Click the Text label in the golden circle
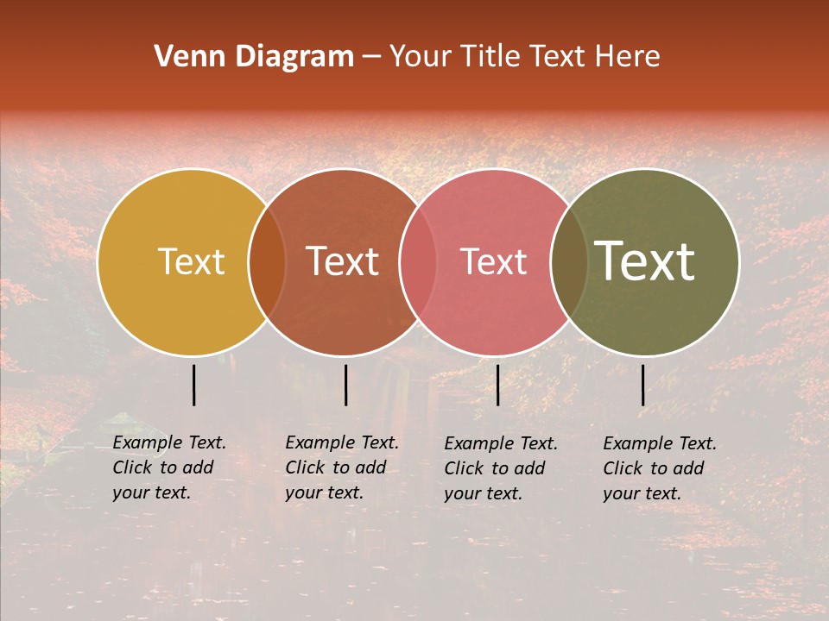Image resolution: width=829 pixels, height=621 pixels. pyautogui.click(x=191, y=262)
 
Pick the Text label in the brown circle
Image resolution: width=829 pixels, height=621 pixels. pyautogui.click(x=342, y=262)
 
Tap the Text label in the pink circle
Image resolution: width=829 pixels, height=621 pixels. pyautogui.click(x=493, y=262)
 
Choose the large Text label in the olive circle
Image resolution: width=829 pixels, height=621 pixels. pyautogui.click(x=644, y=262)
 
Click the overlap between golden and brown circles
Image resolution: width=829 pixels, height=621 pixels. pyautogui.click(x=267, y=262)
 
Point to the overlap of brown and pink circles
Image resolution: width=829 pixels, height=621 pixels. pyautogui.click(x=417, y=262)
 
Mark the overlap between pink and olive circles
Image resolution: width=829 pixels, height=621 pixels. pyautogui.click(x=568, y=262)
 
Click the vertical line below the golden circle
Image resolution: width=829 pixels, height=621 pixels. pyautogui.click(x=193, y=385)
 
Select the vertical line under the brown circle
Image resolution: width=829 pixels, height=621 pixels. pyautogui.click(x=345, y=385)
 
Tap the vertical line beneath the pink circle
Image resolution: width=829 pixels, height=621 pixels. pyautogui.click(x=497, y=385)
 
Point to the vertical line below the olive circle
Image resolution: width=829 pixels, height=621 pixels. pyautogui.click(x=642, y=385)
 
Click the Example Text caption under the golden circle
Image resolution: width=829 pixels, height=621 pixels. pyautogui.click(x=169, y=467)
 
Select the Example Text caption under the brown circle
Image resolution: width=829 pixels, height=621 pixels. pyautogui.click(x=342, y=467)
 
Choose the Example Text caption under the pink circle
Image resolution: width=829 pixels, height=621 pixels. pyautogui.click(x=501, y=468)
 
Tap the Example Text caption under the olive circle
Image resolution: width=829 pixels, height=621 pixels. pyautogui.click(x=660, y=468)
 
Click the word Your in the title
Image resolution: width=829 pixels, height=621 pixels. pyautogui.click(x=420, y=57)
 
